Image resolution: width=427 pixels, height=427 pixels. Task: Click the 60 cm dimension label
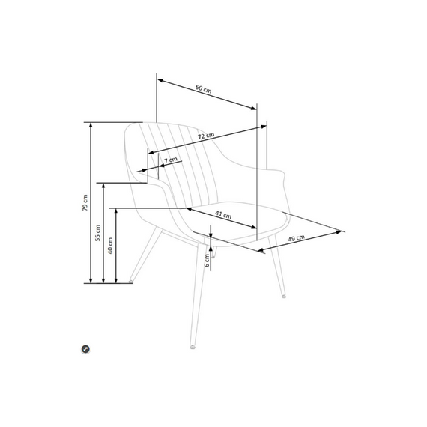pyautogui.click(x=203, y=89)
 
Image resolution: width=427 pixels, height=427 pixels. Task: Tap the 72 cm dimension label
pyautogui.click(x=206, y=136)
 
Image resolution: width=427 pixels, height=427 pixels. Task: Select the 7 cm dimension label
pyautogui.click(x=171, y=160)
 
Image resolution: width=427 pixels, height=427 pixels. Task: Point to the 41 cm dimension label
pyautogui.click(x=223, y=215)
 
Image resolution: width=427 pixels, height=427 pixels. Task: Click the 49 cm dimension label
pyautogui.click(x=297, y=238)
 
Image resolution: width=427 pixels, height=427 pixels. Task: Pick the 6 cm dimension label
pyautogui.click(x=207, y=261)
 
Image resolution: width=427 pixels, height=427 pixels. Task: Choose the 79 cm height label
pyautogui.click(x=85, y=202)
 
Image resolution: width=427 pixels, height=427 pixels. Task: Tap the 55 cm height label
pyautogui.click(x=98, y=233)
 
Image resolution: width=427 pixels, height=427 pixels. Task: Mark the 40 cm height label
pyautogui.click(x=110, y=246)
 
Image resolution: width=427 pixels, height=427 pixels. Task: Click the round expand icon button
pyautogui.click(x=85, y=349)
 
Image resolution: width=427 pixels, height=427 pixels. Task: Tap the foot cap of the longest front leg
pyautogui.click(x=193, y=347)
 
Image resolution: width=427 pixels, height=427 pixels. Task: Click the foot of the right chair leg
pyautogui.click(x=284, y=296)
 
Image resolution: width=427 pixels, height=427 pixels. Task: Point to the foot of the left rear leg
pyautogui.click(x=131, y=281)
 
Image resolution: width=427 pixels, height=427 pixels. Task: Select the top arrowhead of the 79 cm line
pyautogui.click(x=91, y=124)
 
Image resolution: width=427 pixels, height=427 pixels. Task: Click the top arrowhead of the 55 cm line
pyautogui.click(x=103, y=186)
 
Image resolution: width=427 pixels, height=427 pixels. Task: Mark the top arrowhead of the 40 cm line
pyautogui.click(x=116, y=211)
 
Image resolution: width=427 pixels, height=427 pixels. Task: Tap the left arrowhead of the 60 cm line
pyautogui.click(x=160, y=81)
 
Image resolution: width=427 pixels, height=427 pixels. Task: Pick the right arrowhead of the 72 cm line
pyautogui.click(x=264, y=127)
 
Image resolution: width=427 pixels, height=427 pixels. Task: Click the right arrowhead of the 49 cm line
pyautogui.click(x=339, y=232)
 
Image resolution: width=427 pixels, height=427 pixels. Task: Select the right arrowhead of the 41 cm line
pyautogui.click(x=253, y=227)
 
